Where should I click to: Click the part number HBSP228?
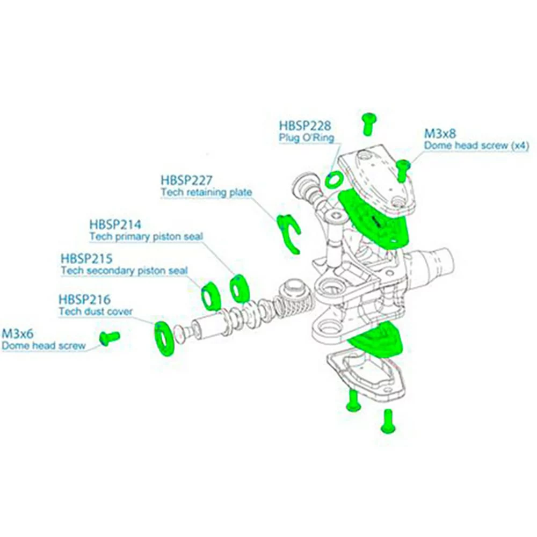tap(304, 126)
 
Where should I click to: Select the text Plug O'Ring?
tap(306, 138)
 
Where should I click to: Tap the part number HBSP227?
tap(186, 180)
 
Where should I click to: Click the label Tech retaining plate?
tap(206, 192)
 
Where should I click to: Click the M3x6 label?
tap(17, 334)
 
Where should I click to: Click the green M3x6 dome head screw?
tap(110, 337)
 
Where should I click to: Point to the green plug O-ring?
tap(334, 179)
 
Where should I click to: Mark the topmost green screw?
tap(368, 124)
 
